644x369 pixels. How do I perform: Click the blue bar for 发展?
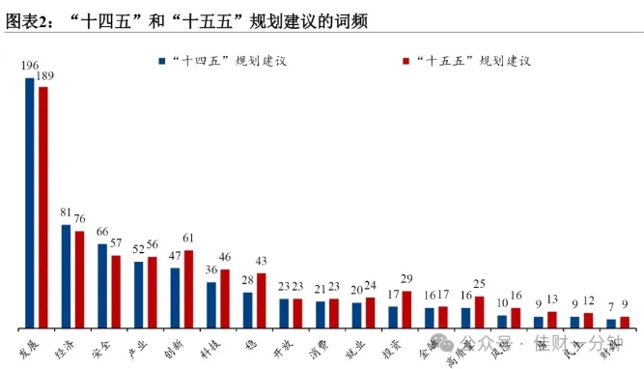(x=30, y=202)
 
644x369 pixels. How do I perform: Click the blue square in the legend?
(x=162, y=60)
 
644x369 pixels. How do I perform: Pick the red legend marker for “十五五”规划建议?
(x=405, y=60)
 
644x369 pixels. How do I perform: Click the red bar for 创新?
(x=188, y=289)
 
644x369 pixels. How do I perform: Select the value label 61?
(x=188, y=239)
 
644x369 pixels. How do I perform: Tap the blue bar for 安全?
(x=102, y=285)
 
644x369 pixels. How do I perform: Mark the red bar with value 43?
(x=261, y=300)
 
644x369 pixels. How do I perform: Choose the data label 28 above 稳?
(x=247, y=280)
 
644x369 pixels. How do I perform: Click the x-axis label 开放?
(x=282, y=347)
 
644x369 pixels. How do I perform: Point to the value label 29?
(x=406, y=279)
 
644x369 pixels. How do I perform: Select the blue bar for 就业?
(x=356, y=315)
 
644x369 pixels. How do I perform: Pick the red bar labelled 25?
(x=479, y=312)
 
